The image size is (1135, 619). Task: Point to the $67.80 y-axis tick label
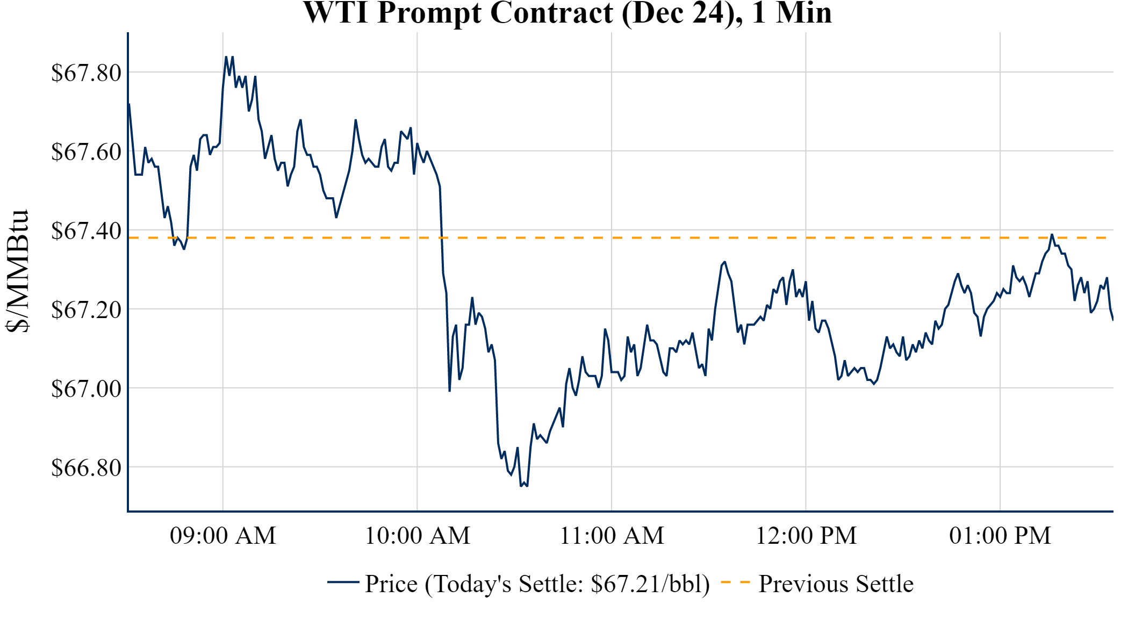pos(86,73)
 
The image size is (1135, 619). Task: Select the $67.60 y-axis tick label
pos(86,152)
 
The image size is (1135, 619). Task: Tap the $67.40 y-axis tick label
pos(86,231)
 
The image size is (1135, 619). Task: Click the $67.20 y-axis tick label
pos(86,309)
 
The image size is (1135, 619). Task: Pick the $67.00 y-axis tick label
pos(86,388)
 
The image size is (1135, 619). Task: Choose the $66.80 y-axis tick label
pos(86,467)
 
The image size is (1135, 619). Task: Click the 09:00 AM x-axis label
pos(223,536)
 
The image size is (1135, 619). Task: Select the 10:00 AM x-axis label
pos(418,536)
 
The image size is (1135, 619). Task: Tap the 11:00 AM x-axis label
pos(612,536)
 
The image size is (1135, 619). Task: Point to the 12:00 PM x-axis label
pos(806,536)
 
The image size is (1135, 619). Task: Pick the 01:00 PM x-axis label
pos(1000,536)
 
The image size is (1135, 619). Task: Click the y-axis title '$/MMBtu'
pos(17,271)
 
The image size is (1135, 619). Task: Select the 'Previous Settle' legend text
pos(836,584)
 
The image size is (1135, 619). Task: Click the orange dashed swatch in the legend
pos(735,582)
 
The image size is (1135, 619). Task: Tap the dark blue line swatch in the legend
pos(343,582)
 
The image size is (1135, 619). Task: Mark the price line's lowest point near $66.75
pos(521,486)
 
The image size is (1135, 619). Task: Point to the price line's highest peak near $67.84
pos(226,57)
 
